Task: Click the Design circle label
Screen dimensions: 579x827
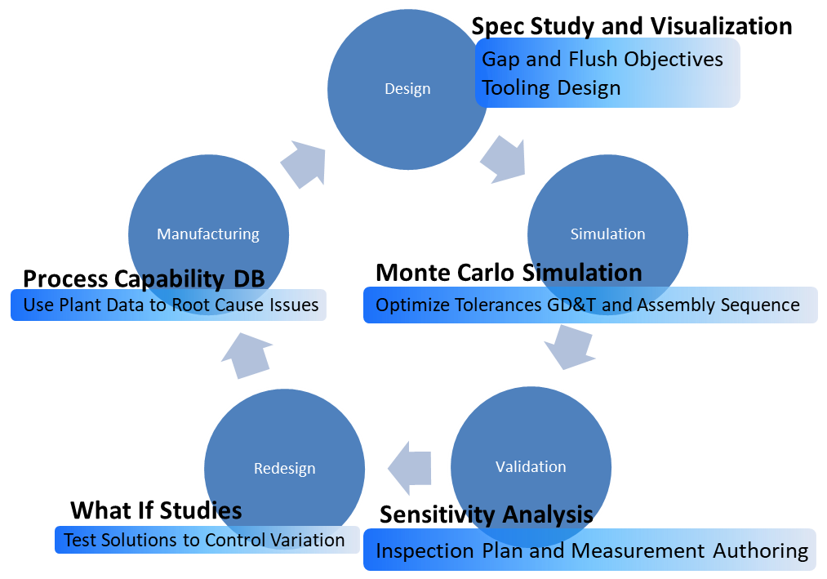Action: (407, 89)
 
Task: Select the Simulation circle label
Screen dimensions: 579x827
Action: (607, 234)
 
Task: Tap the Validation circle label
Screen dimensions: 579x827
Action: (531, 466)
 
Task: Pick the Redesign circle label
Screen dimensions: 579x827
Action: (284, 469)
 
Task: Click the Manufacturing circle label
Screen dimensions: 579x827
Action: (208, 234)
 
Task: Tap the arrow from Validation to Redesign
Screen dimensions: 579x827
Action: (409, 469)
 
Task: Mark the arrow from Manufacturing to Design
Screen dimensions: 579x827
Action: (304, 162)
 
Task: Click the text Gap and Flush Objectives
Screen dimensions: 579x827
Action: (602, 60)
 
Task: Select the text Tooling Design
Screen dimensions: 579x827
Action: (551, 87)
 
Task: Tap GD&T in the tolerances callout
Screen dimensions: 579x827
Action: (577, 305)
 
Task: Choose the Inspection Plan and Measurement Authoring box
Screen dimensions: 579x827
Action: (590, 550)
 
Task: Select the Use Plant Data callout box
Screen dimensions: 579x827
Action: (168, 305)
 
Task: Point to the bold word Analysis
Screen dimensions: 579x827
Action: (548, 514)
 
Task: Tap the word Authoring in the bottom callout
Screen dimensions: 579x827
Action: (760, 550)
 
